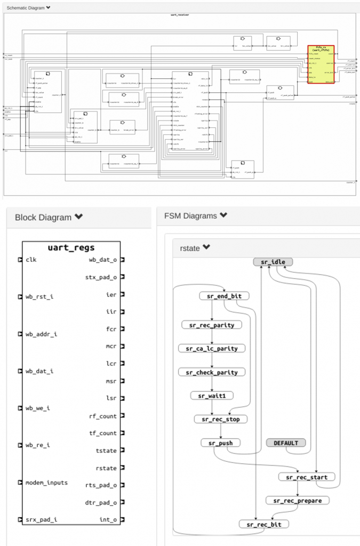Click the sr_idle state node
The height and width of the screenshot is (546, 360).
pyautogui.click(x=273, y=262)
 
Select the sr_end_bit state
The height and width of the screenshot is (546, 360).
pyautogui.click(x=224, y=296)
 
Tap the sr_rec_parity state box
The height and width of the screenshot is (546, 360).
pyautogui.click(x=212, y=325)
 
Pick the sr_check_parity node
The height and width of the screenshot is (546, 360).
pyautogui.click(x=212, y=372)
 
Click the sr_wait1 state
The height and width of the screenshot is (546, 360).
pyautogui.click(x=212, y=396)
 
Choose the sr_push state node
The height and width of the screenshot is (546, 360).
pyautogui.click(x=220, y=443)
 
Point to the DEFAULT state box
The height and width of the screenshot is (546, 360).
pyautogui.click(x=286, y=443)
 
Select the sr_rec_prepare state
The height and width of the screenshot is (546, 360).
pyautogui.click(x=298, y=501)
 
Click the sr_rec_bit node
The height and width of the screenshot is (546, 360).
pyautogui.click(x=264, y=524)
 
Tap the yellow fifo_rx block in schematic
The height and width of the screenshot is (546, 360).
pyautogui.click(x=321, y=65)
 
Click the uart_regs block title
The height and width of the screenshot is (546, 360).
pyautogui.click(x=71, y=248)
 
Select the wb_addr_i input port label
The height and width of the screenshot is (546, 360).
pyautogui.click(x=41, y=334)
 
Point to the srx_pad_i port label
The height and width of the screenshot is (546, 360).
pyautogui.click(x=41, y=519)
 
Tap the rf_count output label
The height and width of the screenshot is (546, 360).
pyautogui.click(x=102, y=416)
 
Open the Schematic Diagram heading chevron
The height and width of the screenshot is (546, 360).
pyautogui.click(x=49, y=8)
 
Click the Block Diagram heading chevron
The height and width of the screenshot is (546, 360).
pyautogui.click(x=79, y=217)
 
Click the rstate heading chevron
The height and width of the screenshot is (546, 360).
pyautogui.click(x=206, y=247)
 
